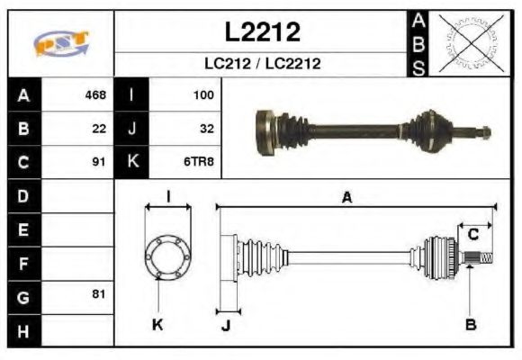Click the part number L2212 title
point(262,33)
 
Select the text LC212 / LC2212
point(262,64)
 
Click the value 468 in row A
point(95,94)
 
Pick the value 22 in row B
point(99,128)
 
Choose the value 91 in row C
point(99,162)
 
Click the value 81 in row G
point(99,294)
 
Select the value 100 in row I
point(202,94)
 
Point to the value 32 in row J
point(206,128)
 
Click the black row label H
point(22,329)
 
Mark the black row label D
point(22,195)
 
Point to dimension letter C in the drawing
point(472,236)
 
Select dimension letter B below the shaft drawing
point(470,323)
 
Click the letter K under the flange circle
point(158,324)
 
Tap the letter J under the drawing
point(225,325)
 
